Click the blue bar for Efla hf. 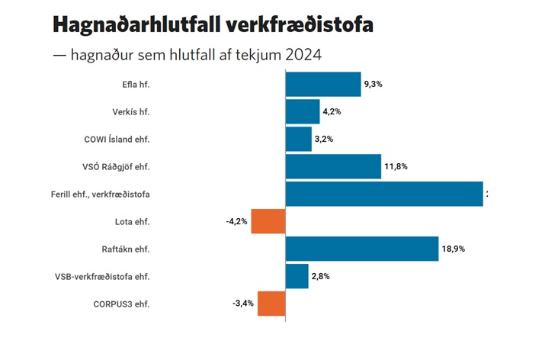tap(322, 84)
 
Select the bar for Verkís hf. tap(303, 111)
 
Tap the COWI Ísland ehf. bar tap(298, 139)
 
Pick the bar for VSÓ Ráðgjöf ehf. tap(333, 166)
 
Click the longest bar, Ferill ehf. tap(384, 194)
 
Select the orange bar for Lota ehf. tap(268, 221)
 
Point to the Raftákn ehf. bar tap(361, 249)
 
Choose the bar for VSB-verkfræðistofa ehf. tap(297, 276)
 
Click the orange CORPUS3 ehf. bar tap(271, 304)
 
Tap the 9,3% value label tap(373, 84)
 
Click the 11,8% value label tap(395, 166)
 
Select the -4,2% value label tap(236, 221)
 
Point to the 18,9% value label tap(453, 249)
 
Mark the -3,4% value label tap(242, 304)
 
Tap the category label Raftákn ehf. tap(126, 249)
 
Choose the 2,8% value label tap(321, 276)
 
